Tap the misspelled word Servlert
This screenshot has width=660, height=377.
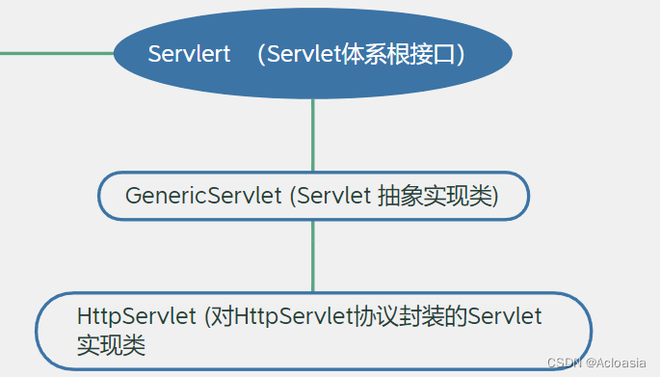click(x=190, y=54)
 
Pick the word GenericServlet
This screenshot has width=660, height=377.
click(x=203, y=196)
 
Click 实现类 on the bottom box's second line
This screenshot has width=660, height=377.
click(x=111, y=345)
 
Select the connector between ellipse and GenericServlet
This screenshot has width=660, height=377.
click(x=313, y=135)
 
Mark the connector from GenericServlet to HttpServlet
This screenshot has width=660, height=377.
click(x=313, y=256)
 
